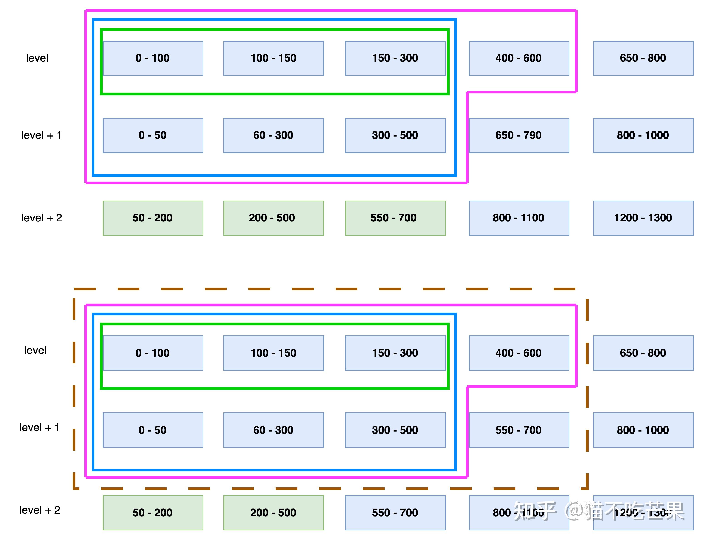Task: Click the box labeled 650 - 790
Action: click(518, 135)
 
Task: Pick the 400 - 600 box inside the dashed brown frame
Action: click(518, 353)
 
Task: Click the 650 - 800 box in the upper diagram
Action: click(643, 58)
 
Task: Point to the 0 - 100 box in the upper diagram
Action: click(153, 58)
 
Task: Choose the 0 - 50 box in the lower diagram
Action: click(153, 430)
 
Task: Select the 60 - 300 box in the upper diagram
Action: click(273, 135)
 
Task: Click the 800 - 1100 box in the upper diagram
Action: click(518, 218)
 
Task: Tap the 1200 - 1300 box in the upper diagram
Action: click(643, 218)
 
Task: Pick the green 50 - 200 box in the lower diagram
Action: click(153, 513)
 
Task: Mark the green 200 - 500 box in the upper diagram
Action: click(273, 218)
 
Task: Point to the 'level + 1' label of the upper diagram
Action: click(41, 135)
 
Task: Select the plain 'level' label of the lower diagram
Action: click(35, 350)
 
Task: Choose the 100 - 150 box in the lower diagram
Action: click(273, 353)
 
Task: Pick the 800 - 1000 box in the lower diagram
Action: click(643, 430)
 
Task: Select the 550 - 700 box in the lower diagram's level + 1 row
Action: click(518, 430)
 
